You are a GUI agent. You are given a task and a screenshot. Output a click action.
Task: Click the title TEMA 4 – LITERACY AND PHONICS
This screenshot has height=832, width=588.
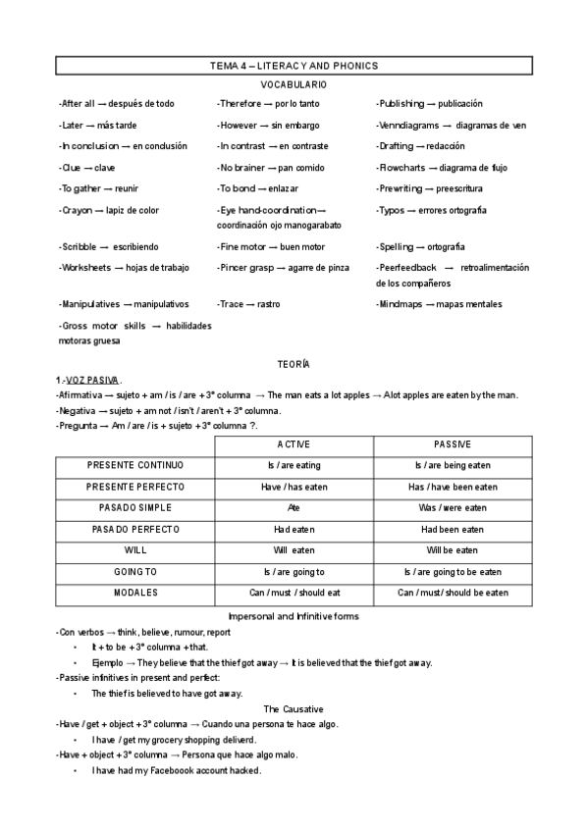[294, 66]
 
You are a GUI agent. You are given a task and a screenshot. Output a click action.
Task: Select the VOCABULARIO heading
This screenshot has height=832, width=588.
[294, 85]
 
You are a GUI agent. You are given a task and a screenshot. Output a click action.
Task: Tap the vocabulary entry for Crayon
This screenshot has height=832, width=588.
[109, 210]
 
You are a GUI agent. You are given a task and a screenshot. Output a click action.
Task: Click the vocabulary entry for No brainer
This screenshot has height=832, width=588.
[257, 167]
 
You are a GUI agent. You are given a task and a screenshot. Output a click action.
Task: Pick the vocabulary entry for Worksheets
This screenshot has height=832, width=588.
[124, 267]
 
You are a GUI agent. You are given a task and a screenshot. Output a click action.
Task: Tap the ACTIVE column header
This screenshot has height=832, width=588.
[294, 444]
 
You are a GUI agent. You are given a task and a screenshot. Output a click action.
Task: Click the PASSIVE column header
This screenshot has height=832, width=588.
[453, 444]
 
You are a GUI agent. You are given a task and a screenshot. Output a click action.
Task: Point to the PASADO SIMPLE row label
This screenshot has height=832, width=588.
[135, 508]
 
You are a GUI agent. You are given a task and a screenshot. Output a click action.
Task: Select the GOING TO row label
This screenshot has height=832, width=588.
[135, 572]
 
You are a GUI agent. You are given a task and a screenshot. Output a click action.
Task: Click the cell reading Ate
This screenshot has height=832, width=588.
[294, 508]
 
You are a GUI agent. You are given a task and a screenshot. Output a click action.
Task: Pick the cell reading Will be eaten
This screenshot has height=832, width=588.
[453, 550]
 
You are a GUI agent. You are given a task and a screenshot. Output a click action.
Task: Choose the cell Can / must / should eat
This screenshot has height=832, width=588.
[294, 594]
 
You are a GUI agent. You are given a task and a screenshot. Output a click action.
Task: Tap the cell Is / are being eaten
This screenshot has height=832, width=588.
[453, 465]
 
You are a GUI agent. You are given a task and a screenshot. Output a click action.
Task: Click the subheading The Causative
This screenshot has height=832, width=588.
[294, 708]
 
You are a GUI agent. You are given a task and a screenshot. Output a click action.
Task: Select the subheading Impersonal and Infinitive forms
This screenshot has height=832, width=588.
[294, 615]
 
